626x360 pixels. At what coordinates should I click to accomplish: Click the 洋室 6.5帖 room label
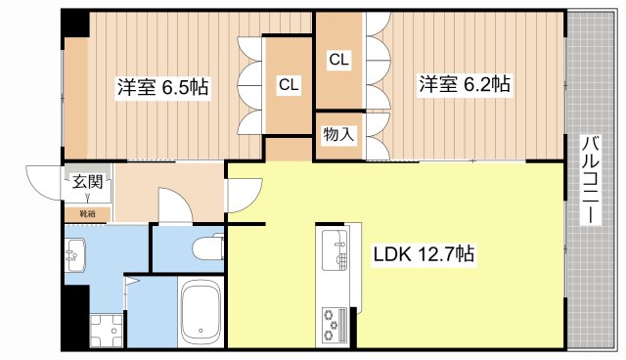tap(163, 85)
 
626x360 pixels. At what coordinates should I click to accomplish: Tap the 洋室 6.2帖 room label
tap(465, 84)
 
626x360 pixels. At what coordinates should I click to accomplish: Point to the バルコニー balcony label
tap(590, 179)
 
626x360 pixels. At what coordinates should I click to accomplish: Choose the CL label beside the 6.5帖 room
tap(288, 85)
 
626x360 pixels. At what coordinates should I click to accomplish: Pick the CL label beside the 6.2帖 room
tap(338, 60)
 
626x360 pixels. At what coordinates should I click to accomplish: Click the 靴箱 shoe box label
tap(74, 212)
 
